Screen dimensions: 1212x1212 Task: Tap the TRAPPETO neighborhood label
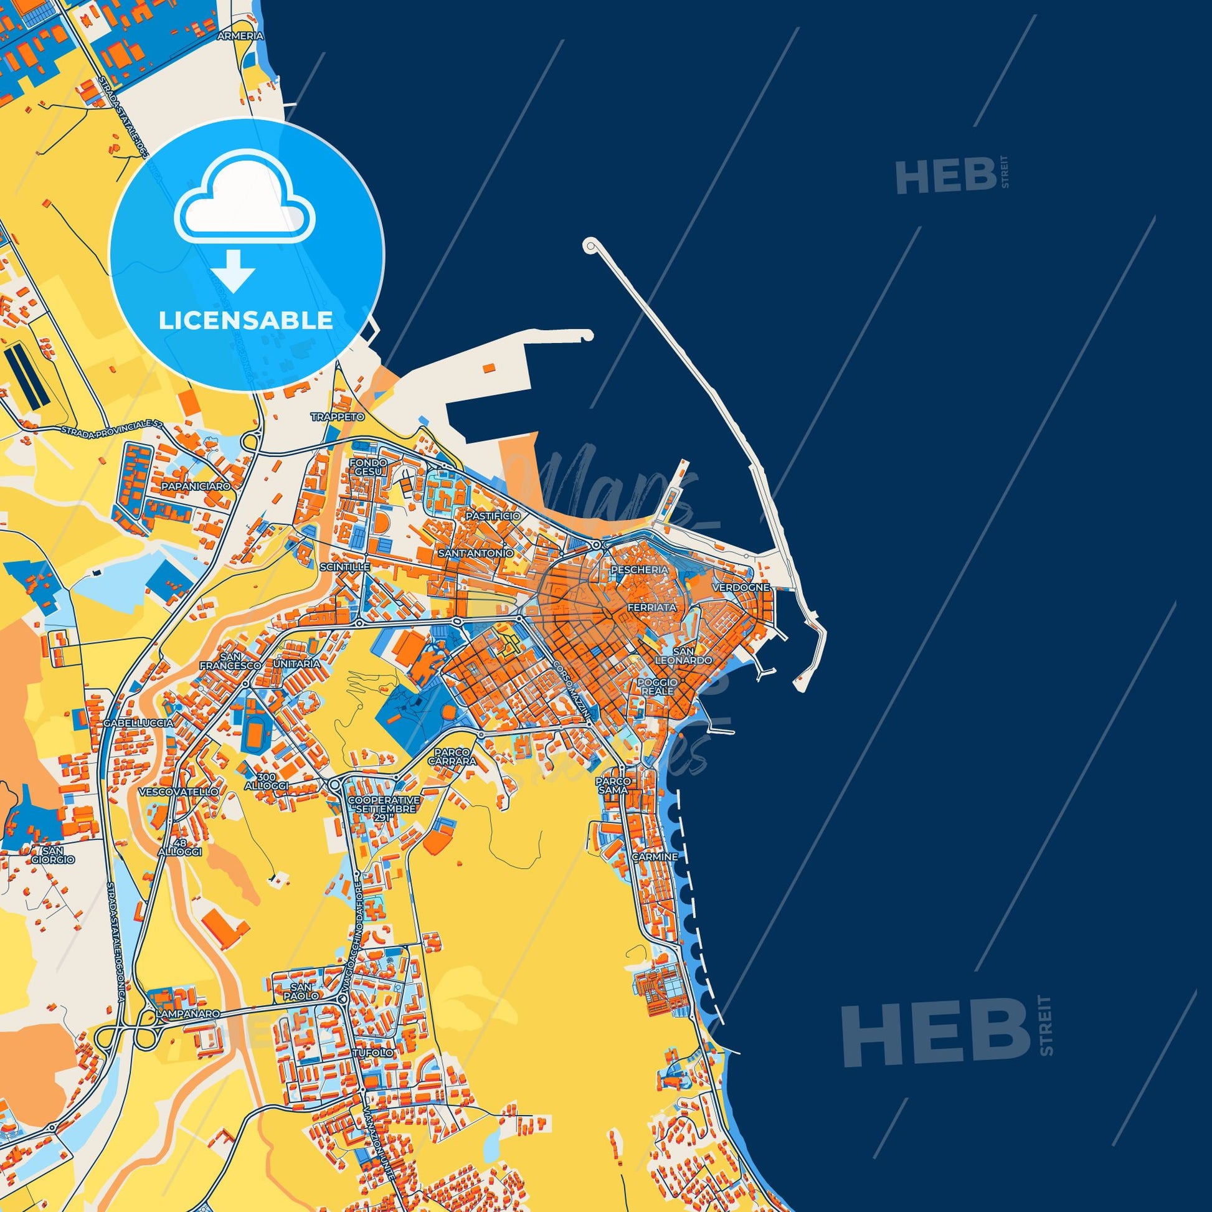coord(338,417)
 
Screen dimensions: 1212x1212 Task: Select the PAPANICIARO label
coord(187,486)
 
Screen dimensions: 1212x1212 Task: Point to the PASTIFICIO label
coord(493,516)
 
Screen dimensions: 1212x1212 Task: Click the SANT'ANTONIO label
coord(476,553)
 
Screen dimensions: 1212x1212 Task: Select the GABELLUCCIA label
coord(140,722)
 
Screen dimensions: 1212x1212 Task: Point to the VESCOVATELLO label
coord(179,792)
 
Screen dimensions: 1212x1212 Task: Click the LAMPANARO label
coord(188,1013)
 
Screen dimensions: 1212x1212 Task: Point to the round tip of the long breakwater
coord(590,245)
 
